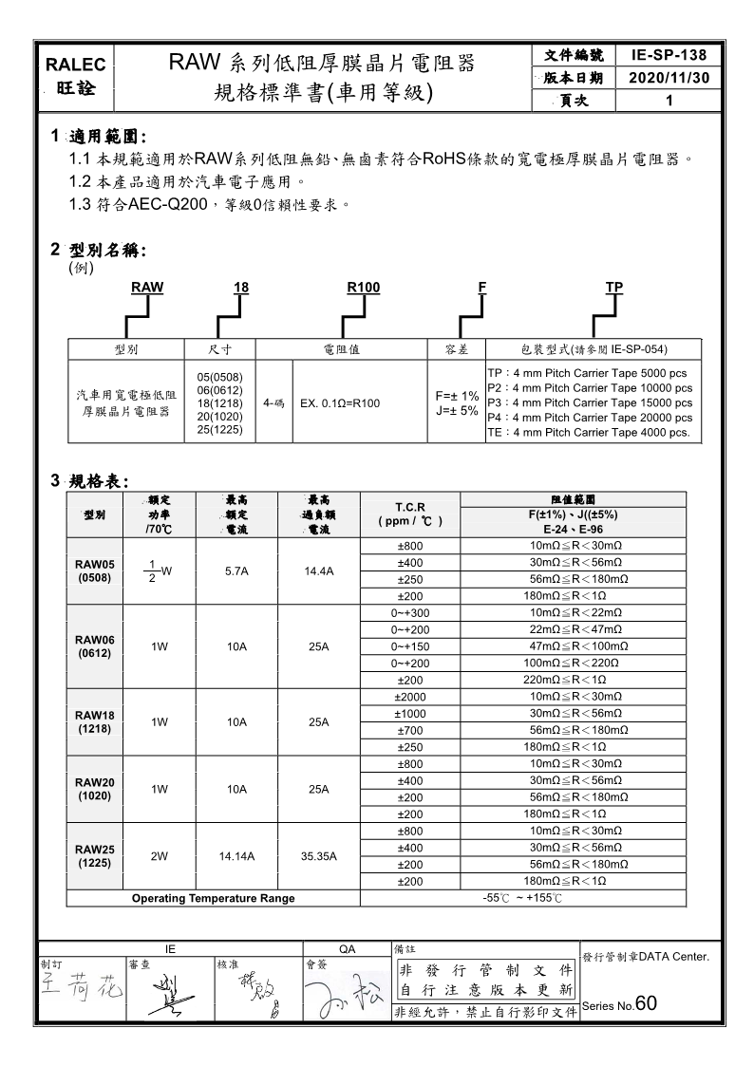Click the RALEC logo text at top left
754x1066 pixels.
[77, 65]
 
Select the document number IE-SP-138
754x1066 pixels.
[669, 56]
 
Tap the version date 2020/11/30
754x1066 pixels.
[669, 78]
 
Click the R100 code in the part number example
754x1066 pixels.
[364, 287]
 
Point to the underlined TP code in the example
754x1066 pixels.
[614, 287]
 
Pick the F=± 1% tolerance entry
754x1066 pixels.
[456, 396]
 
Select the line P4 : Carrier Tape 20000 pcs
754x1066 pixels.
[589, 418]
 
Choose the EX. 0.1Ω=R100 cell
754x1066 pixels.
[340, 403]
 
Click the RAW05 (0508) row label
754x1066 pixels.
[95, 570]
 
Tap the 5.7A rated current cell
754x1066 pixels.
[236, 571]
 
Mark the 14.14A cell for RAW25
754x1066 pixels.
[236, 855]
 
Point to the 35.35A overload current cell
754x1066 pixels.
[319, 855]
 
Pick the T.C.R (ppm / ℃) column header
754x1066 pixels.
[410, 514]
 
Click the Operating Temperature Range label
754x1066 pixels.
[213, 898]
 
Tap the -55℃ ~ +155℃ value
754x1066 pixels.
[522, 898]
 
